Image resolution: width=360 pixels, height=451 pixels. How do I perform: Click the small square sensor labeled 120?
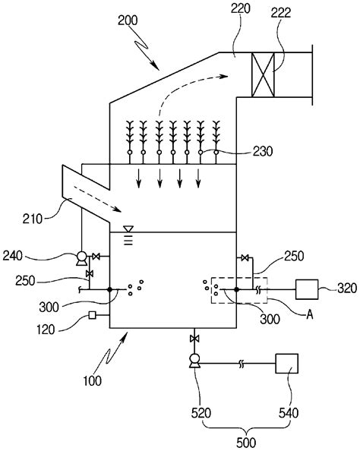click(92, 315)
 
